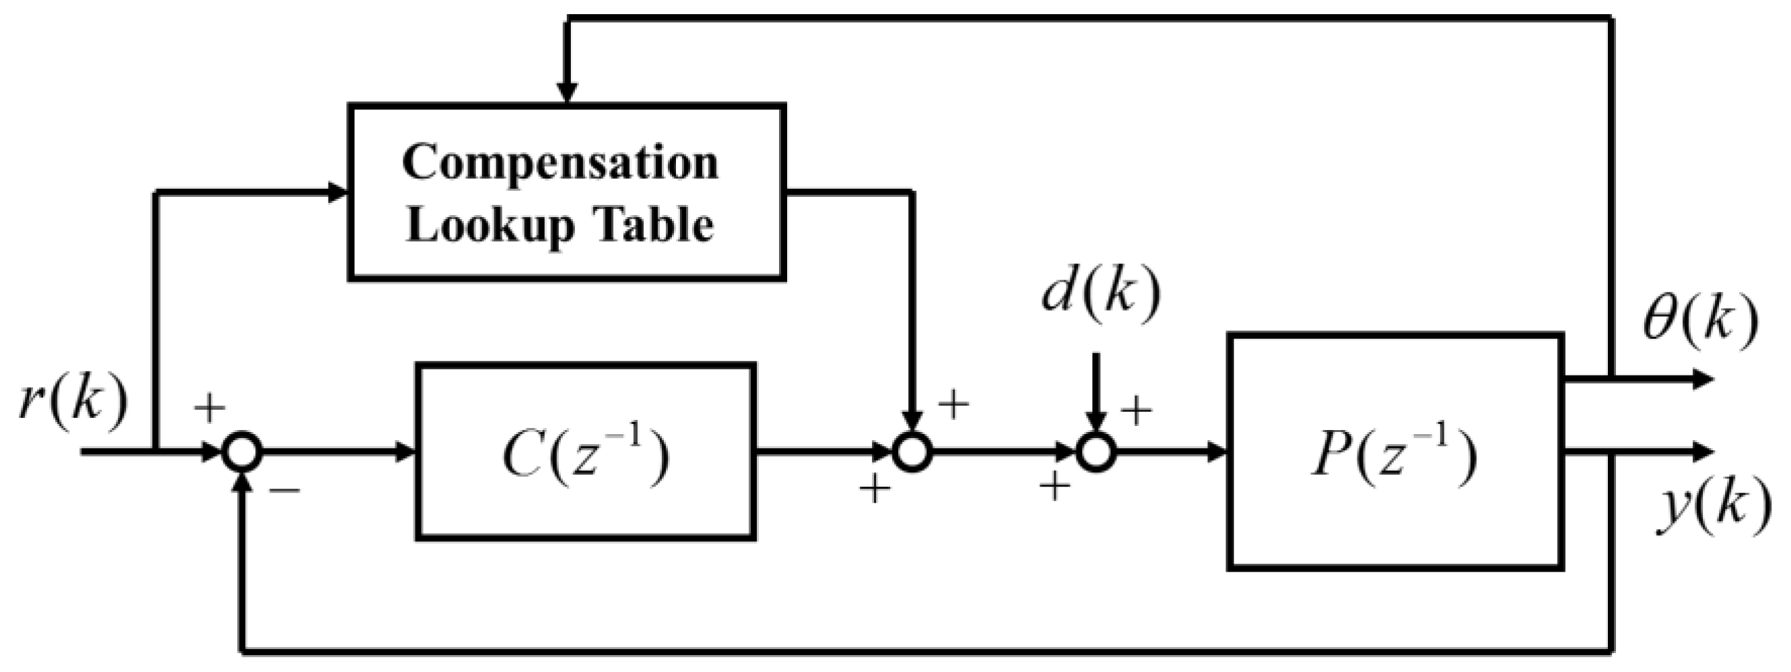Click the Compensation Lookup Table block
tap(567, 192)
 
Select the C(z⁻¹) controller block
tap(585, 452)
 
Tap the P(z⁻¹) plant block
tap(1395, 452)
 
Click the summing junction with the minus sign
tap(242, 452)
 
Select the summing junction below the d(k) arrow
tap(1096, 452)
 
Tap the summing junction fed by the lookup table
tap(912, 452)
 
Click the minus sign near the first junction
tap(285, 491)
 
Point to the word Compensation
tap(560, 163)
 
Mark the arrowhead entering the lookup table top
tap(568, 93)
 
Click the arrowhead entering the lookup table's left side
tap(337, 192)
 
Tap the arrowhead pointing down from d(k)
tap(1096, 420)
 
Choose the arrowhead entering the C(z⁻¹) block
tap(405, 452)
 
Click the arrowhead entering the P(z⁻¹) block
tap(1216, 452)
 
